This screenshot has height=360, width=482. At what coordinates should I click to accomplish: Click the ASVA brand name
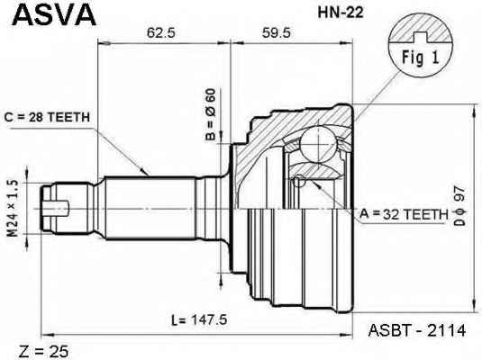click(x=54, y=14)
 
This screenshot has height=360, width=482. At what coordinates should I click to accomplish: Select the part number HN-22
click(x=341, y=13)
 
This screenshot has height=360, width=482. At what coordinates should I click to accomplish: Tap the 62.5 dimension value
click(x=160, y=32)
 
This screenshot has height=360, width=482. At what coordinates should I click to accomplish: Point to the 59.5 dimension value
click(x=276, y=32)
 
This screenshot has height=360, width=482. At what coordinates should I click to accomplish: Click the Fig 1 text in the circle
click(x=420, y=58)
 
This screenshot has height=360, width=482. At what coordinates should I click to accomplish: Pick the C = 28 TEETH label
click(x=47, y=117)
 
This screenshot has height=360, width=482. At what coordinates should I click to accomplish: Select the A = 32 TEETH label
click(x=404, y=214)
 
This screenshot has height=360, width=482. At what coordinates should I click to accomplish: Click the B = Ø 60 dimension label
click(x=211, y=114)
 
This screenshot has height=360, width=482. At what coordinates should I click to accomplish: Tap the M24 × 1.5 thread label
click(x=13, y=209)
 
